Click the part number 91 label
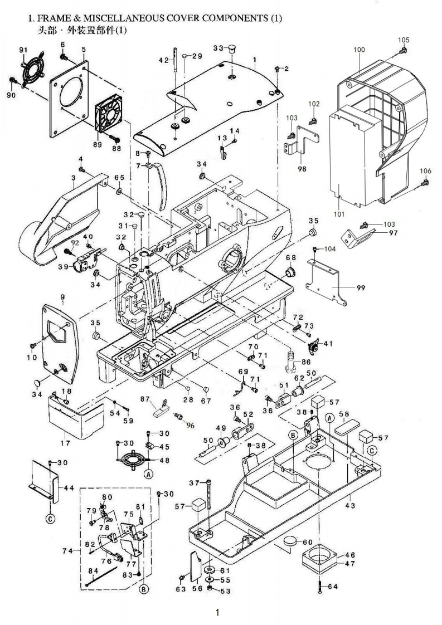tap(23, 50)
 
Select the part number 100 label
tap(359, 50)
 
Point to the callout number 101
tap(339, 214)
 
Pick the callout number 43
tap(350, 506)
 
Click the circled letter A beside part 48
tap(148, 475)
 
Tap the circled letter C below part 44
tap(50, 519)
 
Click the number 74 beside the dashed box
tap(68, 551)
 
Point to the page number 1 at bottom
tap(217, 612)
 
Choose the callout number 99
tap(361, 288)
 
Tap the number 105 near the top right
tap(404, 40)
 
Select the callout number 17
tap(65, 443)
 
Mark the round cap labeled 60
tap(290, 541)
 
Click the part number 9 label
tap(62, 297)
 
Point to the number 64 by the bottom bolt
tap(333, 587)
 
